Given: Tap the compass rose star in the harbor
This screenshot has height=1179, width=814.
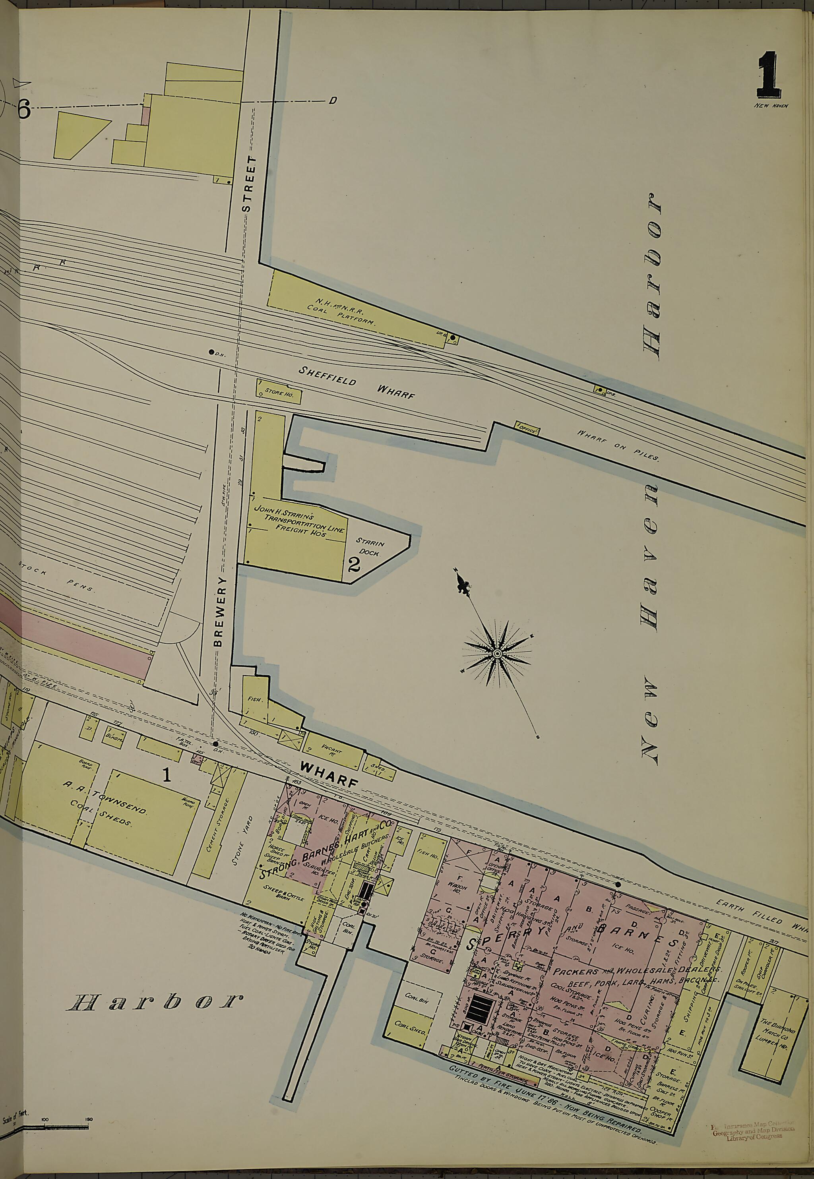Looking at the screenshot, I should click(497, 653).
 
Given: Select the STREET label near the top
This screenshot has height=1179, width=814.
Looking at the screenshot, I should click(247, 184).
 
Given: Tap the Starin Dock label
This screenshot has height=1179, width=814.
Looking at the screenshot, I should click(369, 547).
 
